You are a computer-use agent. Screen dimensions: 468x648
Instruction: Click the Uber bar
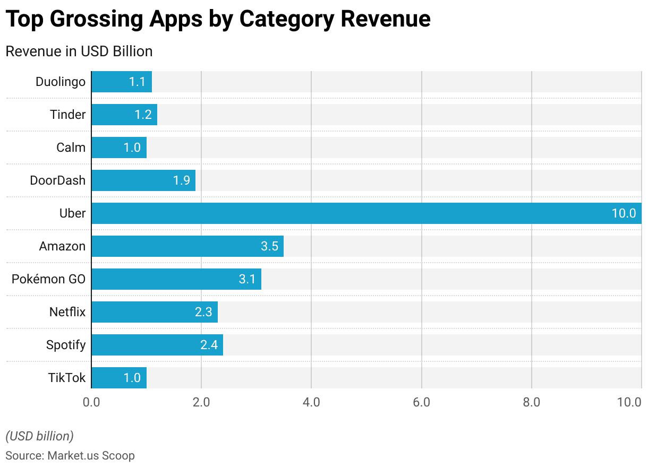366,213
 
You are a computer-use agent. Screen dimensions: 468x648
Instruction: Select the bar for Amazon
187,246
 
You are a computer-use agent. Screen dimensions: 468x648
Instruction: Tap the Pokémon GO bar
176,279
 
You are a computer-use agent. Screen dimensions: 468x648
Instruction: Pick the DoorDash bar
143,180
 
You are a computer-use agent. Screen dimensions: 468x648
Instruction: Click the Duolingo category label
61,82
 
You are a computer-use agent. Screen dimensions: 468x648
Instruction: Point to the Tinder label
67,115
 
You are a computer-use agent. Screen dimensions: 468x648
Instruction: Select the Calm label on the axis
71,148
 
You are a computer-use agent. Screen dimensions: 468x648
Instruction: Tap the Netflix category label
67,312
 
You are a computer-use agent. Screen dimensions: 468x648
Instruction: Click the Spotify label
66,345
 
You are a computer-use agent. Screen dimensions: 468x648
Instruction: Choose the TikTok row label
67,378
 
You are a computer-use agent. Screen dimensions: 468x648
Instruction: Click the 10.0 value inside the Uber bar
624,213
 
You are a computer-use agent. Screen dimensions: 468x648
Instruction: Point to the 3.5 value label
269,246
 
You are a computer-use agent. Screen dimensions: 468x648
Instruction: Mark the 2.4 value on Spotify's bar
209,345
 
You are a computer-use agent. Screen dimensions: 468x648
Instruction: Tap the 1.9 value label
181,180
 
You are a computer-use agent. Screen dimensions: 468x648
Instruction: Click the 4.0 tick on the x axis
311,402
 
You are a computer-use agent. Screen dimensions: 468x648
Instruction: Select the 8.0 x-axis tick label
531,402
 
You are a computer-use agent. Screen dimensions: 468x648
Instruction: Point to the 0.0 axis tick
91,402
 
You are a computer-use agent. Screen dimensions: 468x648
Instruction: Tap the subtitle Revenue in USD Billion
79,51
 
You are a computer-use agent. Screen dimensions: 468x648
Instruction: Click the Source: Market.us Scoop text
70,455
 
